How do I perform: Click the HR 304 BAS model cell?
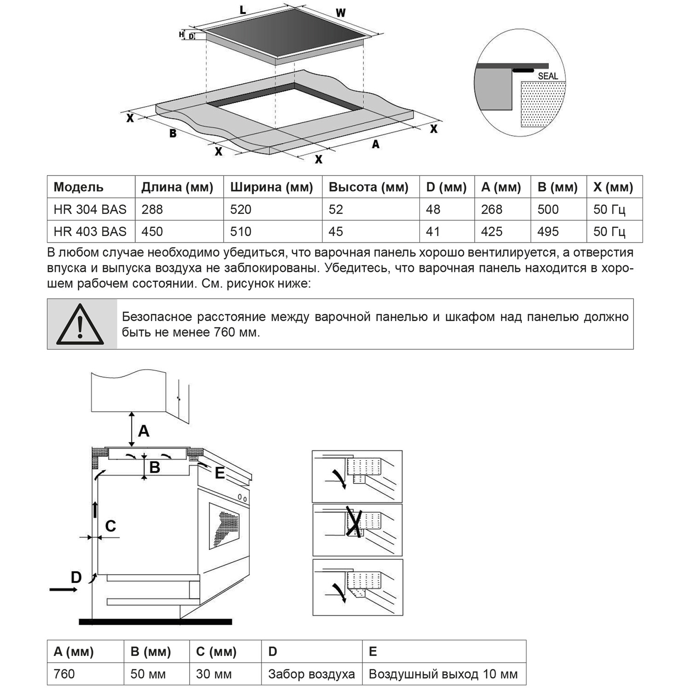tap(90, 210)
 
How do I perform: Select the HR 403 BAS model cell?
tap(90, 231)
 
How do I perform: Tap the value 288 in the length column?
tap(152, 210)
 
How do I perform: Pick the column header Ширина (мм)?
tap(271, 187)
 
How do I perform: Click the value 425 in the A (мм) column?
tap(492, 231)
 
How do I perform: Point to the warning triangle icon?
tap(80, 324)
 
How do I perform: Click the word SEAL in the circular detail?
tap(547, 76)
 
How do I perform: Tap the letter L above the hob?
tap(243, 10)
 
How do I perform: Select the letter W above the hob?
tap(340, 13)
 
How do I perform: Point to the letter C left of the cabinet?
tap(110, 526)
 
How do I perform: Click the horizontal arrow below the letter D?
tap(63, 589)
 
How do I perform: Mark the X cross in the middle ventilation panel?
tap(354, 522)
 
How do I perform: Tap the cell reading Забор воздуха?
tap(311, 674)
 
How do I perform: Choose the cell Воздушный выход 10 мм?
tap(443, 674)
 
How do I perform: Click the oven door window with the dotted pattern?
tap(225, 525)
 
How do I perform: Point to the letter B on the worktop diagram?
tap(173, 134)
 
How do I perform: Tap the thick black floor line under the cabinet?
tap(155, 622)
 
